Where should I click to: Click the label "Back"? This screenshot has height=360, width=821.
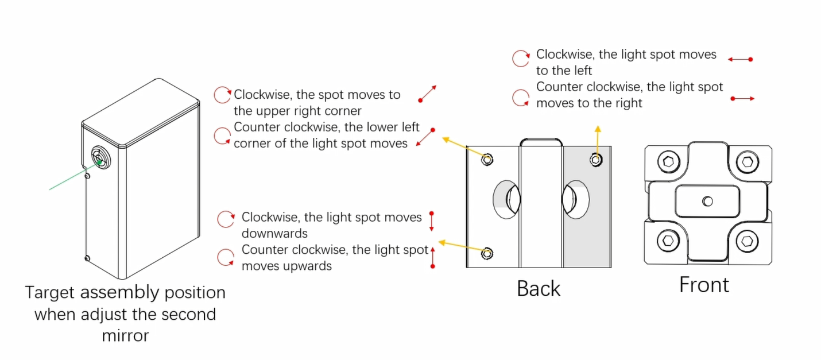tap(538, 288)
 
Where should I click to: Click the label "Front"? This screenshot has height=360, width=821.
tap(704, 284)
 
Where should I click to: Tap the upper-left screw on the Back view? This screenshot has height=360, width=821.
tap(487, 160)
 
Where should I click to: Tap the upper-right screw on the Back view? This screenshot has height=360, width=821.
tap(596, 160)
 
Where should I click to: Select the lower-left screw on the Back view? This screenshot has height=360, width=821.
tap(487, 253)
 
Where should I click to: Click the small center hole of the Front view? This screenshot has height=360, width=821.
tap(707, 201)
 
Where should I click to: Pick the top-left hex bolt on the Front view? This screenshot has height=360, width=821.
tap(668, 161)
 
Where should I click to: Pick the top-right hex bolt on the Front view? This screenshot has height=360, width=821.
tap(746, 161)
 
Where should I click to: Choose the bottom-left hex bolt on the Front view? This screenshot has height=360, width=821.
tap(668, 241)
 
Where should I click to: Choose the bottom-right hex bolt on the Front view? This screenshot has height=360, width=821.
tap(746, 241)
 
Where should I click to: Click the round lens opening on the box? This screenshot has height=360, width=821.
tap(100, 158)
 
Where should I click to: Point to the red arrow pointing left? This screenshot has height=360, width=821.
tap(739, 59)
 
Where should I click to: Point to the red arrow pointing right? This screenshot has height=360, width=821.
tap(742, 99)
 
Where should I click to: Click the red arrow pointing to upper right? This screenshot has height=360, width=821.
tap(428, 94)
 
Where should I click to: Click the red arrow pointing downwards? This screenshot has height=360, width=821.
tap(432, 221)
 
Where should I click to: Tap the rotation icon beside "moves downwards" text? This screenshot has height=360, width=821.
tap(226, 219)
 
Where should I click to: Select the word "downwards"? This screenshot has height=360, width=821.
tap(274, 234)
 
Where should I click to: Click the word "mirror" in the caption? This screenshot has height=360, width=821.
tap(125, 335)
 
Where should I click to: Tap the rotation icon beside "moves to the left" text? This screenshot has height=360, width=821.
tap(520, 59)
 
